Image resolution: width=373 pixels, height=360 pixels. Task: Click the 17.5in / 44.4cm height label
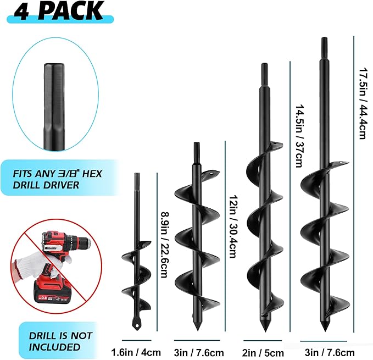pyautogui.click(x=362, y=103)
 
